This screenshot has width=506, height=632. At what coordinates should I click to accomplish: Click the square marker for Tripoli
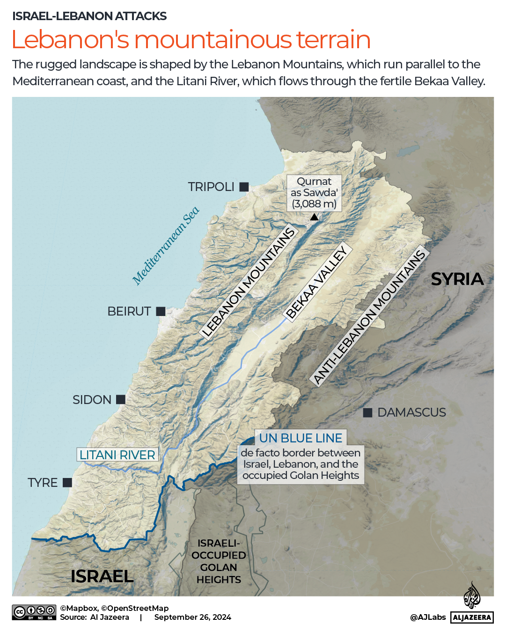coord(244,187)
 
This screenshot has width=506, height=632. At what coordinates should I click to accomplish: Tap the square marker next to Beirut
coord(161,311)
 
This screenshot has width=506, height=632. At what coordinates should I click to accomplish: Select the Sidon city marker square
coord(121,399)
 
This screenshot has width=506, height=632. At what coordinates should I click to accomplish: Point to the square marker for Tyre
coord(67,482)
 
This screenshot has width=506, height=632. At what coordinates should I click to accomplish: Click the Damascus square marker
coord(368,412)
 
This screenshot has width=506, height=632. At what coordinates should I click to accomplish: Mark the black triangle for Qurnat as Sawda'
coord(315,217)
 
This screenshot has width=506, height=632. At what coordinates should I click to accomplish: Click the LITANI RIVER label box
coord(117,455)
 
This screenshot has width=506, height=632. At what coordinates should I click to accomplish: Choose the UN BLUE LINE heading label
coord(301,438)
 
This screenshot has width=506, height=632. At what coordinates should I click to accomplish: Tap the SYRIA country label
coord(457,279)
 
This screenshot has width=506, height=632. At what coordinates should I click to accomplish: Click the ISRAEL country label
coord(102,576)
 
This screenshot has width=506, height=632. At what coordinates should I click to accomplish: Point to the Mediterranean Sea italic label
coord(166,245)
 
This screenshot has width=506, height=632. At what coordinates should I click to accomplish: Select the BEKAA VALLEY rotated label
coord(317,282)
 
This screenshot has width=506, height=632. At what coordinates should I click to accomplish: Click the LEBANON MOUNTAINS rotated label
coord(249,282)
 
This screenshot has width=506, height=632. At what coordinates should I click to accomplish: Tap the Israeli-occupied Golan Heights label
coord(219,561)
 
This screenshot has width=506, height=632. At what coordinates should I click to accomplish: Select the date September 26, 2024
coord(192,617)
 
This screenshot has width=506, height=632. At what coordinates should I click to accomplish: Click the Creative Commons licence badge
coord(34,612)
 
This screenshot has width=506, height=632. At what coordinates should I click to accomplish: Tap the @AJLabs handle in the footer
coord(428,617)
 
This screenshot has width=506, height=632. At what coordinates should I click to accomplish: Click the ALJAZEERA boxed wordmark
coord(472,617)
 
